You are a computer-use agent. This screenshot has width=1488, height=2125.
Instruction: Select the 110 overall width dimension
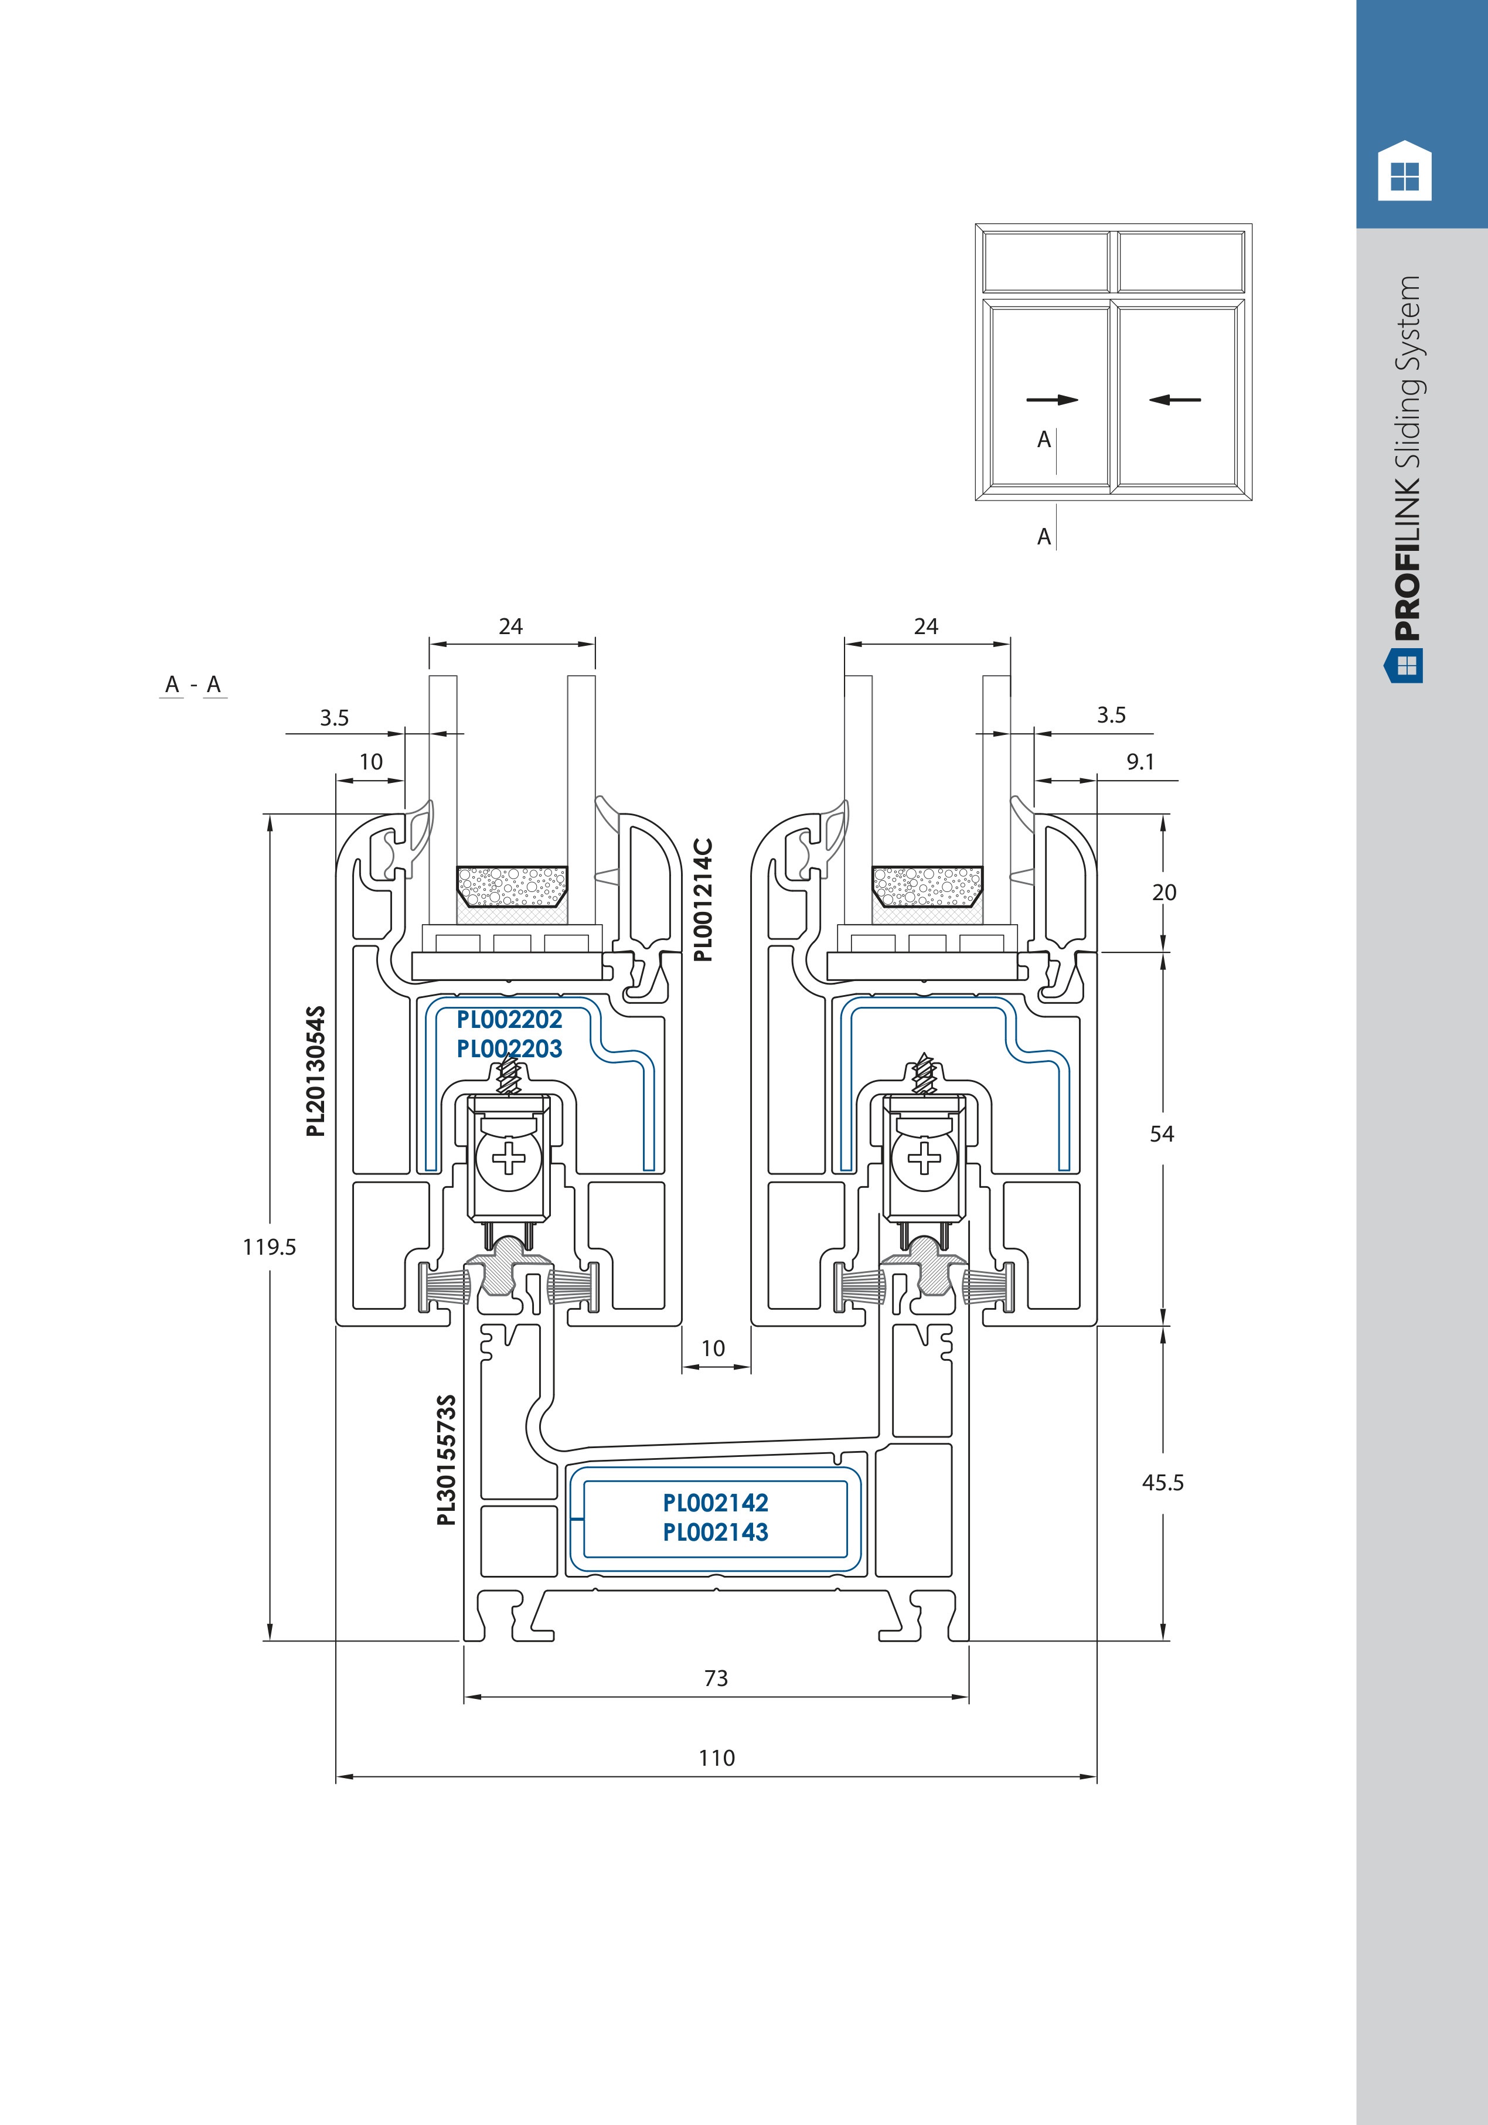pyautogui.click(x=716, y=1758)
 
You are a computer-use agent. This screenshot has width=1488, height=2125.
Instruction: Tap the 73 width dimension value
pyautogui.click(x=716, y=1678)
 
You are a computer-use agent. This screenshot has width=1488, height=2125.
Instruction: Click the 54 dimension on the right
pyautogui.click(x=1162, y=1134)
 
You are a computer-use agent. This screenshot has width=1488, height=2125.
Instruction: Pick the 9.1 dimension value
pyautogui.click(x=1140, y=762)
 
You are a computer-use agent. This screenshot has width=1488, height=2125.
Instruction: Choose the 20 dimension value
pyautogui.click(x=1164, y=892)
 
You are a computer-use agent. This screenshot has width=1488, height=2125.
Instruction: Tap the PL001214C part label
pyautogui.click(x=703, y=900)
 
